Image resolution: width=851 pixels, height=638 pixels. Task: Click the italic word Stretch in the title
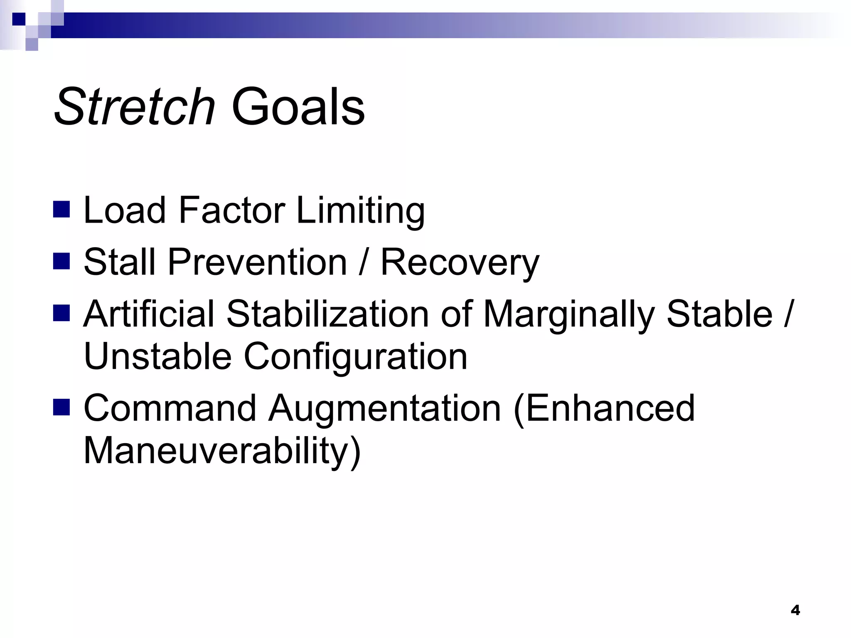click(x=134, y=107)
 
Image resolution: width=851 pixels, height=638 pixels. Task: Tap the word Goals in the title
click(x=298, y=107)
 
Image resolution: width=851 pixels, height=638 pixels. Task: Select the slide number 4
click(x=795, y=610)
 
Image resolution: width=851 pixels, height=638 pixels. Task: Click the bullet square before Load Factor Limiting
click(x=61, y=209)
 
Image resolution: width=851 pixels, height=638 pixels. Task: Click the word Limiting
click(x=360, y=211)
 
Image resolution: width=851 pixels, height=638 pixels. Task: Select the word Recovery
click(x=460, y=263)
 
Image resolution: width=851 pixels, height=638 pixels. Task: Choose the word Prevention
click(x=257, y=262)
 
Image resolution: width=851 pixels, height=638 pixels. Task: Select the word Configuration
click(x=355, y=357)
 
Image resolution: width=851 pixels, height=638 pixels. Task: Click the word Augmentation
click(x=384, y=408)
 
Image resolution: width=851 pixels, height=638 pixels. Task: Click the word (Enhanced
click(x=604, y=408)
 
